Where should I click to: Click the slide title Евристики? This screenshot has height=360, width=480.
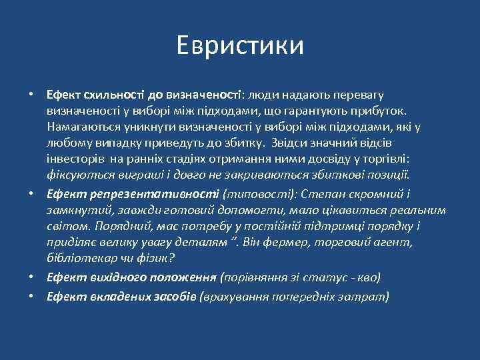point(240,45)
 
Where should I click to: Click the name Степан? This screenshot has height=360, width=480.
point(325,194)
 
